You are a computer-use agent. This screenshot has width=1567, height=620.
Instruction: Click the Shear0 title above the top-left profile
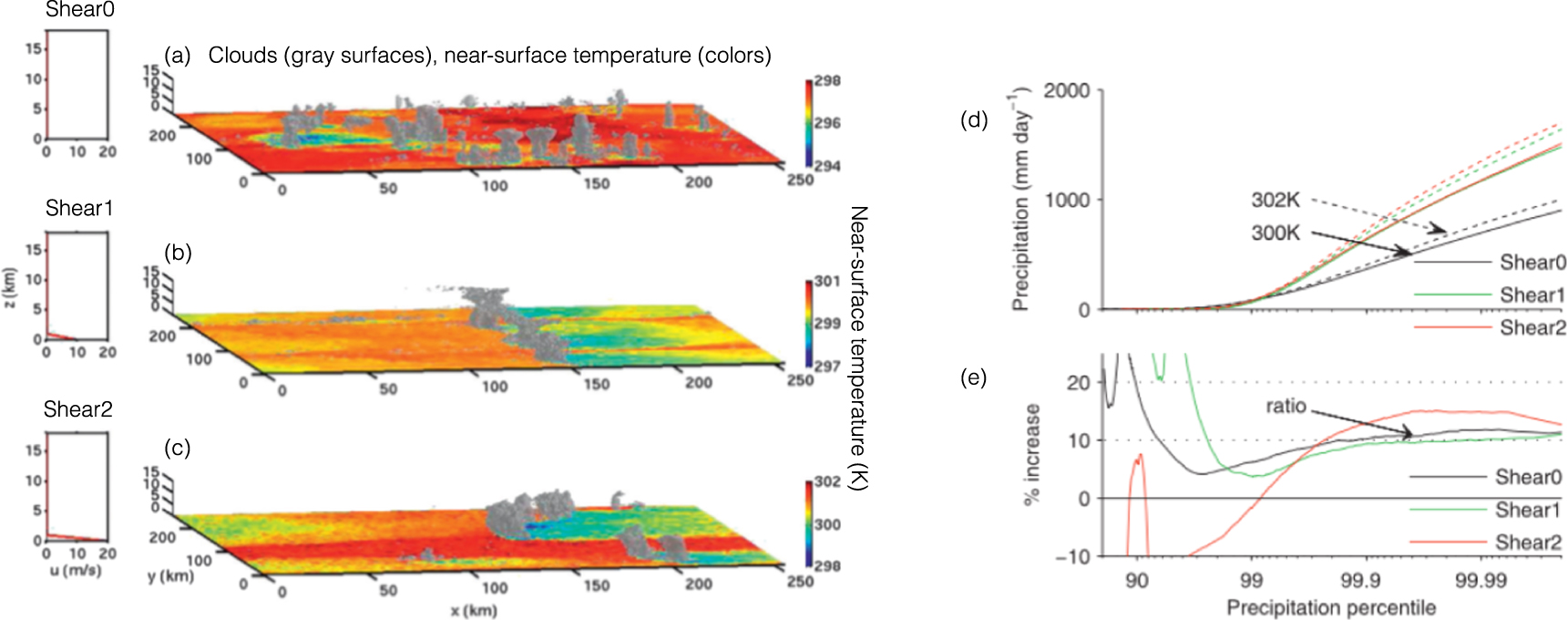tap(80, 10)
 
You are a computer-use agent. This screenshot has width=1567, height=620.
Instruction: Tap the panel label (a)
tap(177, 56)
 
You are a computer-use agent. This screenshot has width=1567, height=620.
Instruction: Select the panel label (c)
tap(177, 448)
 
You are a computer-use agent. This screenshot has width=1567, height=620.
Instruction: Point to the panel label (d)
tap(974, 119)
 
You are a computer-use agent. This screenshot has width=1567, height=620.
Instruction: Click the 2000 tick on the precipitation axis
tap(1067, 90)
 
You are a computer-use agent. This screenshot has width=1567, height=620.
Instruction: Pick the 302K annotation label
tap(1275, 200)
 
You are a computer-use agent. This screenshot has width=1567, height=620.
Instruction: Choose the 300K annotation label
tap(1275, 232)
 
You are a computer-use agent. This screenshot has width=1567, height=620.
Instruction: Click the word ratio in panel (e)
tap(1285, 406)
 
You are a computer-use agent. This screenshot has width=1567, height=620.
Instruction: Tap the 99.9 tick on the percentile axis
tap(1360, 581)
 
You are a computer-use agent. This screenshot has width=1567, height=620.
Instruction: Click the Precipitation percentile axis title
tap(1331, 607)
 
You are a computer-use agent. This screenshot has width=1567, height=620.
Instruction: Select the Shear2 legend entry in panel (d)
tap(1532, 327)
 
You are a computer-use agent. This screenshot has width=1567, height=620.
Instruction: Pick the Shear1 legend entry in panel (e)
tap(1528, 510)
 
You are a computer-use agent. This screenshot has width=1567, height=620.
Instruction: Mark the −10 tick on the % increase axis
tap(1072, 556)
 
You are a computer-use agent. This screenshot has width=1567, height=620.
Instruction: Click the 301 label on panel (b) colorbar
tap(827, 281)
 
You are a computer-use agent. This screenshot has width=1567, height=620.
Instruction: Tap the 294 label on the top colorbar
tap(827, 166)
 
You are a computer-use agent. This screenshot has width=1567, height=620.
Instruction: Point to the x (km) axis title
tap(473, 610)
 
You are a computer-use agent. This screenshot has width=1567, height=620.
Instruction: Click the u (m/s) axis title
tap(77, 571)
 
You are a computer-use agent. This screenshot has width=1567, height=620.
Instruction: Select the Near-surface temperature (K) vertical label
tap(858, 347)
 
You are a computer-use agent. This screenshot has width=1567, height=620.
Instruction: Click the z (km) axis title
tap(10, 287)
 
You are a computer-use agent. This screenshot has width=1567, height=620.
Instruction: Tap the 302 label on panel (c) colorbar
tap(827, 481)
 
